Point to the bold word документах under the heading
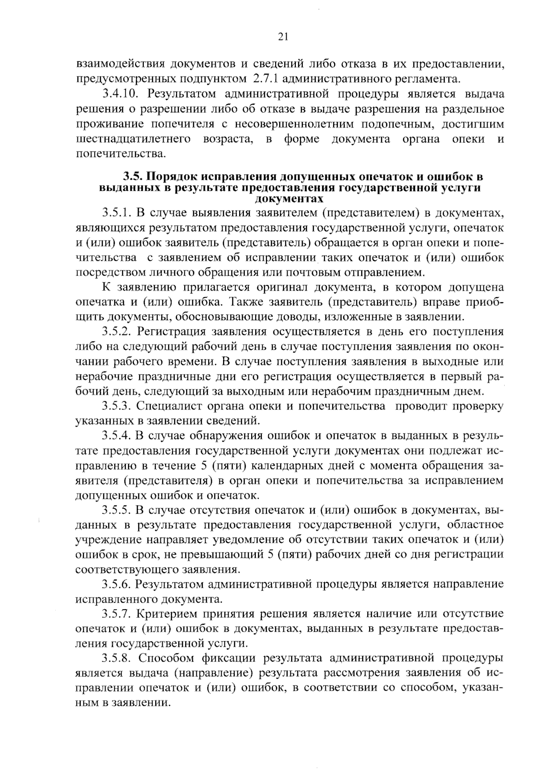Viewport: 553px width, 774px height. [289, 199]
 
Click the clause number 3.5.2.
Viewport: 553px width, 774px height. [117, 332]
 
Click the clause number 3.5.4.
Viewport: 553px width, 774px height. [117, 436]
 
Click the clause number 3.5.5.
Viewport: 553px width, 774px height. [117, 510]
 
